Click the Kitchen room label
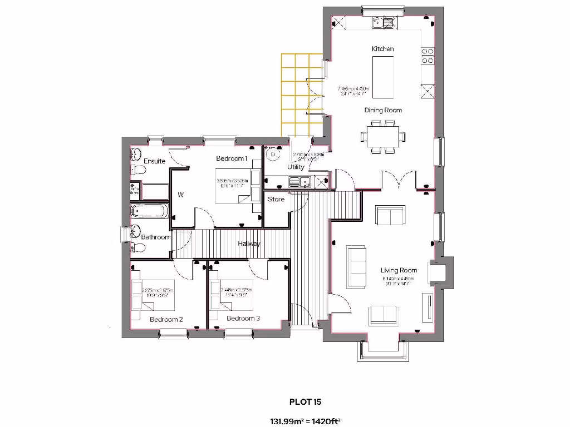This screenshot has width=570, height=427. (x=382, y=49)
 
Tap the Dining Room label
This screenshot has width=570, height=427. (x=383, y=110)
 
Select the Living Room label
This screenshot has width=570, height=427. (x=399, y=270)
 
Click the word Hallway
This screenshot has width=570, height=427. (x=249, y=244)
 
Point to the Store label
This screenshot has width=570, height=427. (x=276, y=199)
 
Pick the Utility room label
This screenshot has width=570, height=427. (x=296, y=167)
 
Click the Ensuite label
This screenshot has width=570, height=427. (x=154, y=161)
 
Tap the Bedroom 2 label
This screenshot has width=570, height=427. (x=166, y=320)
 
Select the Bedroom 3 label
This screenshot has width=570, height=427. (x=243, y=319)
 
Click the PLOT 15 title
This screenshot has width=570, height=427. (x=305, y=401)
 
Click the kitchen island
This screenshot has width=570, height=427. (x=383, y=77)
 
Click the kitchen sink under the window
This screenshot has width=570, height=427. (x=383, y=22)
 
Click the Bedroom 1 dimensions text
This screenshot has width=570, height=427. (x=232, y=183)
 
